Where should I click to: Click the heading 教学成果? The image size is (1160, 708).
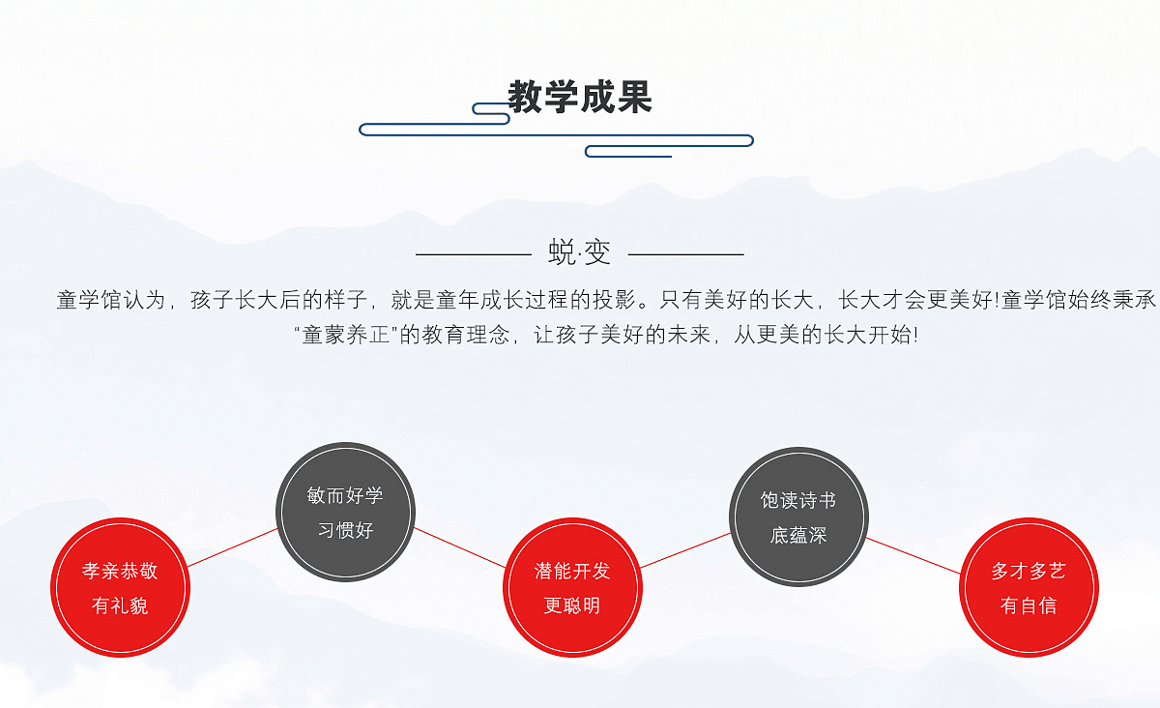(x=579, y=97)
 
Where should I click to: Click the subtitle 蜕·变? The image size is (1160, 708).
(x=579, y=252)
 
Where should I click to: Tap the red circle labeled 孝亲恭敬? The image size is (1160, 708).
(x=120, y=587)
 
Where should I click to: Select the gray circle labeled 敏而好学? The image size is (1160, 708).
(x=345, y=512)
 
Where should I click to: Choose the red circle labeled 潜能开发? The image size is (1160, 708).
(x=572, y=587)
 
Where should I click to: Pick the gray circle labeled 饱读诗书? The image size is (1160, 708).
(x=798, y=516)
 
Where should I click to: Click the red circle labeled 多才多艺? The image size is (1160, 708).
(x=1029, y=587)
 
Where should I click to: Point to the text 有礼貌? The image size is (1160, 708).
(x=120, y=605)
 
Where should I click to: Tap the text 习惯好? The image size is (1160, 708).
(x=345, y=530)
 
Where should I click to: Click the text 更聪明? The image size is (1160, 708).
(x=572, y=605)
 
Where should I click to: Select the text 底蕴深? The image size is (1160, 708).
(x=798, y=536)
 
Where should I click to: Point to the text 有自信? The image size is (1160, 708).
(x=1029, y=605)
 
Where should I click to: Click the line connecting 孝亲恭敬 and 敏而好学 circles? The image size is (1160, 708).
(x=233, y=547)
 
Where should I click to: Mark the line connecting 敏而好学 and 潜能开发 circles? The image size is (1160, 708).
(x=460, y=547)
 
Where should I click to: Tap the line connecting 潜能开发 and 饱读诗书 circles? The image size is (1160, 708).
(x=685, y=550)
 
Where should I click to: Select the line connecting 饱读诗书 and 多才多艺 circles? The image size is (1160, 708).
(x=913, y=556)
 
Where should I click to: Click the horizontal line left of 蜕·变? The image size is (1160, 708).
(x=474, y=254)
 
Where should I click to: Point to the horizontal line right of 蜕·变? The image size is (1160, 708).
(x=686, y=254)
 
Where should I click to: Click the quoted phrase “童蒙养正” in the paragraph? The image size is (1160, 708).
(x=345, y=335)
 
